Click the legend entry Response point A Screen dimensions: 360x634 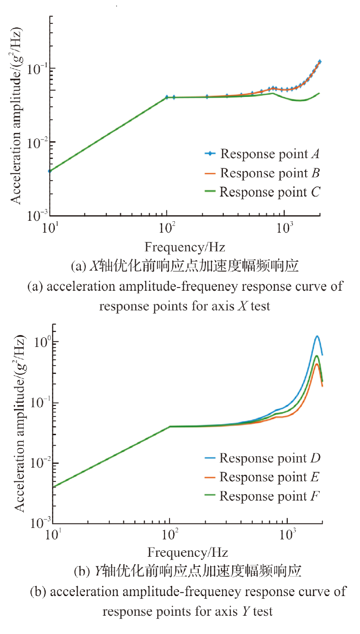click(262, 154)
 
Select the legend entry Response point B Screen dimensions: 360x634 click(262, 173)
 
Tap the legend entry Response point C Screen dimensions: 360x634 click(262, 192)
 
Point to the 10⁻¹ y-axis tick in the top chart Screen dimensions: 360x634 click(37, 69)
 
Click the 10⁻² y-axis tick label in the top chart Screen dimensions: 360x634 click(37, 143)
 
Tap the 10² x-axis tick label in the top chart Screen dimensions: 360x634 click(167, 227)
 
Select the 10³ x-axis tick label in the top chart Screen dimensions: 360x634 click(285, 227)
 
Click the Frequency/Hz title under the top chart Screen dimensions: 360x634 click(185, 247)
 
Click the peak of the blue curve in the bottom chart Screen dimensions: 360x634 click(317, 336)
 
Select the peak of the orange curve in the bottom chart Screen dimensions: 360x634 click(317, 364)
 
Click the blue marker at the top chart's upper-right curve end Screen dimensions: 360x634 click(319, 61)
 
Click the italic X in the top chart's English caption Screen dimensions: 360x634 click(242, 306)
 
